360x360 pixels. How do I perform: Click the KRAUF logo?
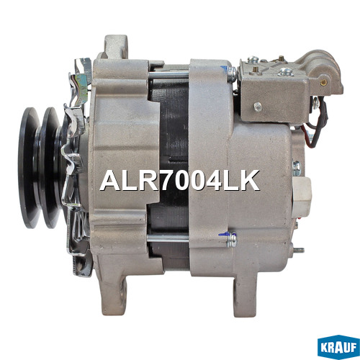point(338,346)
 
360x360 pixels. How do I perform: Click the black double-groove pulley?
point(41,168)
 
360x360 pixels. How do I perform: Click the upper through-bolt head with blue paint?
point(232,73)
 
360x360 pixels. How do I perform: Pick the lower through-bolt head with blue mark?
point(232,240)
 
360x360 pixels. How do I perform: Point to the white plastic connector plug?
point(302,196)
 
